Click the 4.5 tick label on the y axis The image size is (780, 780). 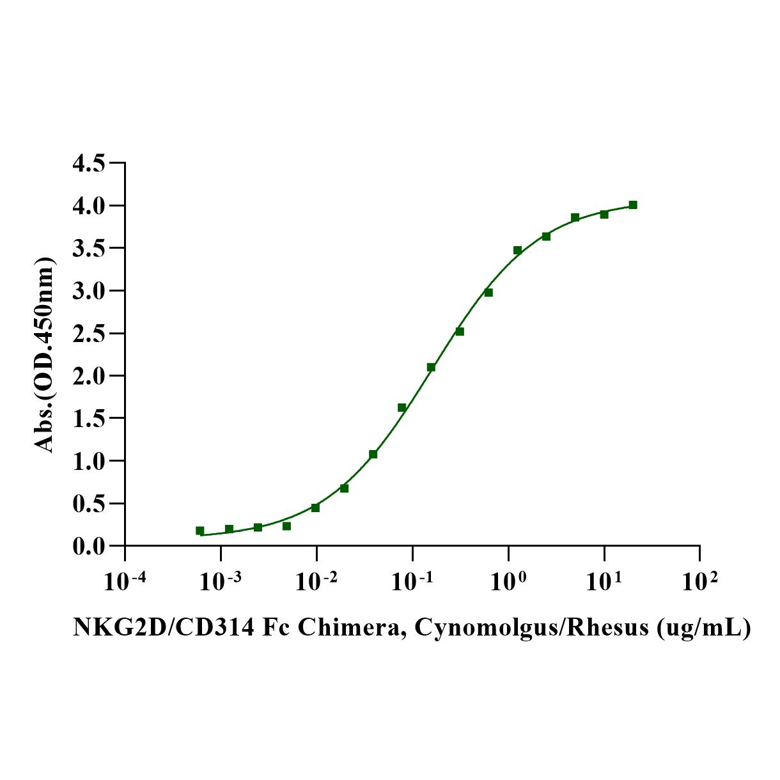tap(89, 164)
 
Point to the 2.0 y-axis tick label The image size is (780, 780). tap(89, 376)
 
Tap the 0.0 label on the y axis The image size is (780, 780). tap(89, 546)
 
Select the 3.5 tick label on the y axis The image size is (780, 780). tap(89, 249)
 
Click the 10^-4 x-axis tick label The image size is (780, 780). tap(125, 582)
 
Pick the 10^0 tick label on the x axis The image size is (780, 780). tap(508, 582)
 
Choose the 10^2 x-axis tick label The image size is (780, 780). tap(699, 582)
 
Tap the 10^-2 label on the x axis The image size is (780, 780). tap(316, 582)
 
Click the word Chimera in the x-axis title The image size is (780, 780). tap(348, 628)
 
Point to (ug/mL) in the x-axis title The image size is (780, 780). tap(704, 628)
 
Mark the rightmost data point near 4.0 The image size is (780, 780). tap(633, 205)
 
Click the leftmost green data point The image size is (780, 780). tap(200, 531)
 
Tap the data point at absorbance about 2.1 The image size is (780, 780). tap(431, 367)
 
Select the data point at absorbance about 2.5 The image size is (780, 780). tap(460, 331)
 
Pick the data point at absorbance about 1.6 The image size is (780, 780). tap(402, 407)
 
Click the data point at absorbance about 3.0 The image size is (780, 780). tap(488, 292)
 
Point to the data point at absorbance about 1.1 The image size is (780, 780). tap(373, 454)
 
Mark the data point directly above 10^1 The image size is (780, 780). tap(604, 214)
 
